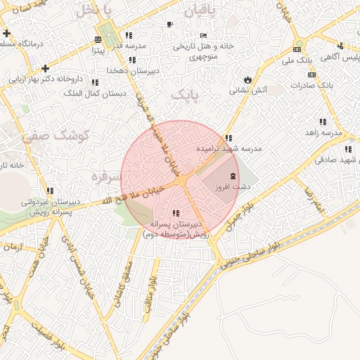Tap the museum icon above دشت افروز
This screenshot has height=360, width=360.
coord(233,175)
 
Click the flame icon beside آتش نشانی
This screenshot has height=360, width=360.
coord(247,79)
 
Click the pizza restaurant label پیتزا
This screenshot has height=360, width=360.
coord(98,51)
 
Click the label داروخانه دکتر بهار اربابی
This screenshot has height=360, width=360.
coord(43,79)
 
